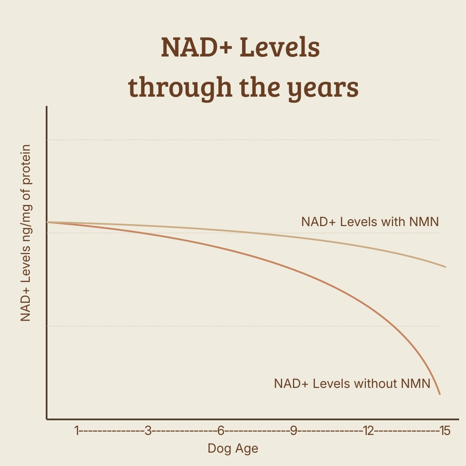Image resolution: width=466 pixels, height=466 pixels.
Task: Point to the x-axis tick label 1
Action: tap(77, 431)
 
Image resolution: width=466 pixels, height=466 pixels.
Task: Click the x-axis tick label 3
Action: tap(148, 431)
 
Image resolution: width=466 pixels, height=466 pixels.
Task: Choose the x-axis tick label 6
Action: tap(220, 431)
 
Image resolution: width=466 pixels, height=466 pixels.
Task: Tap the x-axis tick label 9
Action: tap(293, 431)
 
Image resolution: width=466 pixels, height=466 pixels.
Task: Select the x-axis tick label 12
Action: tap(368, 431)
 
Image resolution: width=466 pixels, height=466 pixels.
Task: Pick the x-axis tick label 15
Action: tap(444, 431)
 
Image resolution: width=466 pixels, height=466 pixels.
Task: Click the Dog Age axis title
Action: tap(233, 448)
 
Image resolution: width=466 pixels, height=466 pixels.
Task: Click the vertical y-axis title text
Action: tap(26, 233)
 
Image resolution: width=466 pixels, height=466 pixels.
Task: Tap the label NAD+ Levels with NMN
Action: tap(370, 222)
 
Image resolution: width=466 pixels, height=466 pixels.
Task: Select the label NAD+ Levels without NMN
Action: tap(352, 383)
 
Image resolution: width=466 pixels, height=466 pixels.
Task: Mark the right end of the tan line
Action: tap(445, 267)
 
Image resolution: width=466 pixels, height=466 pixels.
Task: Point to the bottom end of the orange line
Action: tap(440, 394)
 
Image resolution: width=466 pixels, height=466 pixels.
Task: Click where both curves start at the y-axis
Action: tap(47, 222)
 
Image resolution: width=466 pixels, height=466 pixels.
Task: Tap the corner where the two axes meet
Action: tap(47, 419)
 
